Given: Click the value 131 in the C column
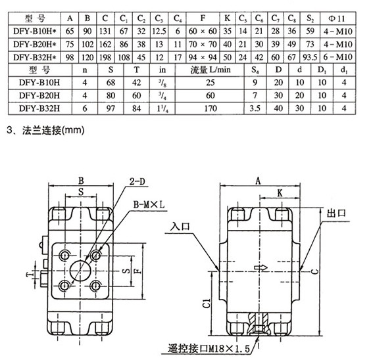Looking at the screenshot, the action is click(x=105, y=32).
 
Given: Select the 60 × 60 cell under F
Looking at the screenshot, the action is click(x=203, y=32).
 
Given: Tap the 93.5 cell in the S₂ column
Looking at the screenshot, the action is click(x=310, y=57).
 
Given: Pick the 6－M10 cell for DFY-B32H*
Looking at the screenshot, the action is click(x=337, y=57).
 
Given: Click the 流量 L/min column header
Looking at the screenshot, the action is click(x=210, y=70).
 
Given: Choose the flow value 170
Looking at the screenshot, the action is click(x=210, y=108).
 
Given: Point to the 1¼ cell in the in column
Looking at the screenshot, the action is click(x=162, y=108).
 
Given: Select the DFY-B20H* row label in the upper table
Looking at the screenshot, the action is click(x=35, y=45).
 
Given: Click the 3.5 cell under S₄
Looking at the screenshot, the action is click(x=255, y=108).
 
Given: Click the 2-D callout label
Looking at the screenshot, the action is click(x=137, y=181).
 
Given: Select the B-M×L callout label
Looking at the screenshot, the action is click(x=149, y=204).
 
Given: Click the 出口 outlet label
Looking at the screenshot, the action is click(x=336, y=213).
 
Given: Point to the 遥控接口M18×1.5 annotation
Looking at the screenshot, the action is click(x=209, y=349).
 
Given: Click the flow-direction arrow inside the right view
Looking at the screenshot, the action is click(x=260, y=267).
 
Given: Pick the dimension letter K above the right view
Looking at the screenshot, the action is click(x=280, y=193).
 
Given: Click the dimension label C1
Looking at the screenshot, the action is click(x=207, y=303).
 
